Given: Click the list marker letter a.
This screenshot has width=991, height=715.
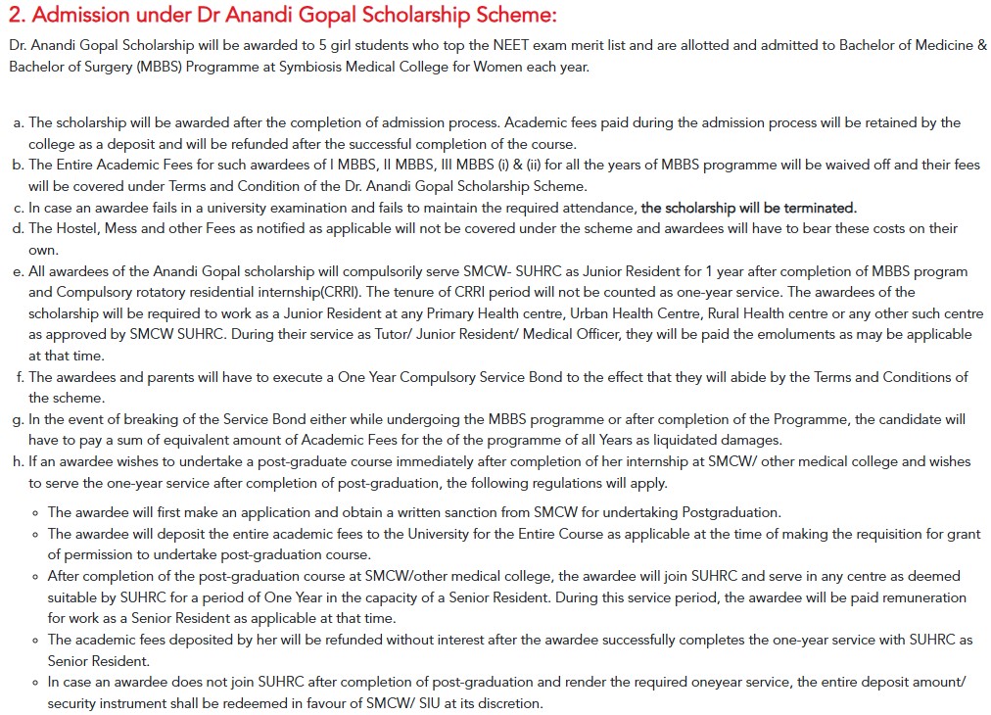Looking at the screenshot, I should point(18,122).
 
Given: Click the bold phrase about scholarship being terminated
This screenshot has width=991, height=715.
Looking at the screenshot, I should point(748,208).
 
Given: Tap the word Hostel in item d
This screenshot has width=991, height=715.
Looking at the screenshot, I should point(79,228).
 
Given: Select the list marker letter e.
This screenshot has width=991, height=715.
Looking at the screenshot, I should point(18,271).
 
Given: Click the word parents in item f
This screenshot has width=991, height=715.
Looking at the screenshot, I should point(157,377).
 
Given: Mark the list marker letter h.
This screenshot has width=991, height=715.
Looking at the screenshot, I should point(18,461).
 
